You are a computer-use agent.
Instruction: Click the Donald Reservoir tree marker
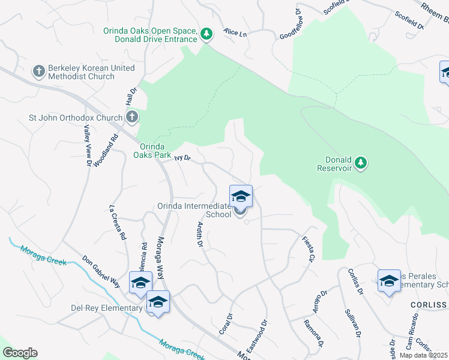click(360, 163)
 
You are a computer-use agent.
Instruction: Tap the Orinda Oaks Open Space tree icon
click(206, 34)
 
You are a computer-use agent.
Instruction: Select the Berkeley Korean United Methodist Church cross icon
click(38, 72)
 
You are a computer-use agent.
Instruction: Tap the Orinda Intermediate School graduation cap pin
click(241, 197)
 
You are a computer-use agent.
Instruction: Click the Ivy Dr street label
click(182, 158)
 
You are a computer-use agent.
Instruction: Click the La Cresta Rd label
click(118, 223)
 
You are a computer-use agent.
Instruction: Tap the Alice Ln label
click(235, 34)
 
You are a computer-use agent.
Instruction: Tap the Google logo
click(20, 353)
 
